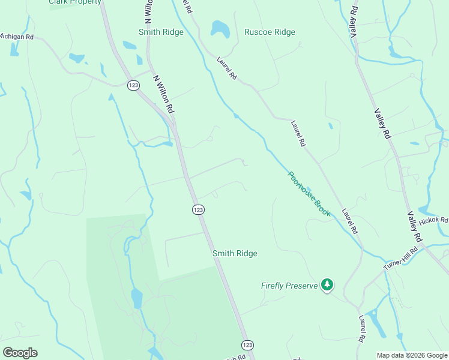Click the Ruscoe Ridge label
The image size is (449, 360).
[270, 32]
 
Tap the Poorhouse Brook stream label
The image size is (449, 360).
[309, 194]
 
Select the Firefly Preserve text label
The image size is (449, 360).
[289, 286]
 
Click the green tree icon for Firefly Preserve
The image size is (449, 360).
[327, 284]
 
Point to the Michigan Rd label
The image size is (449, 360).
[16, 37]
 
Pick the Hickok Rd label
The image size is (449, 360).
[433, 221]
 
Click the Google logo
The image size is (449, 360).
[20, 352]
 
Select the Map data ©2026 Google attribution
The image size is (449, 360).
[412, 355]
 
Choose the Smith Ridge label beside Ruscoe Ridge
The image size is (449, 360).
[161, 32]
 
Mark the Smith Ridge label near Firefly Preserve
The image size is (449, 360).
[235, 254]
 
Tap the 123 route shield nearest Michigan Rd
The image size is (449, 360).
[134, 86]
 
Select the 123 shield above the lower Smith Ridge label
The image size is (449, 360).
[199, 209]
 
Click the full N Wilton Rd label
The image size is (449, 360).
[163, 94]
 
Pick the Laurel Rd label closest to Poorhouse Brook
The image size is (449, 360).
[349, 221]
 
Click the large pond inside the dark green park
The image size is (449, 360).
[137, 297]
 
